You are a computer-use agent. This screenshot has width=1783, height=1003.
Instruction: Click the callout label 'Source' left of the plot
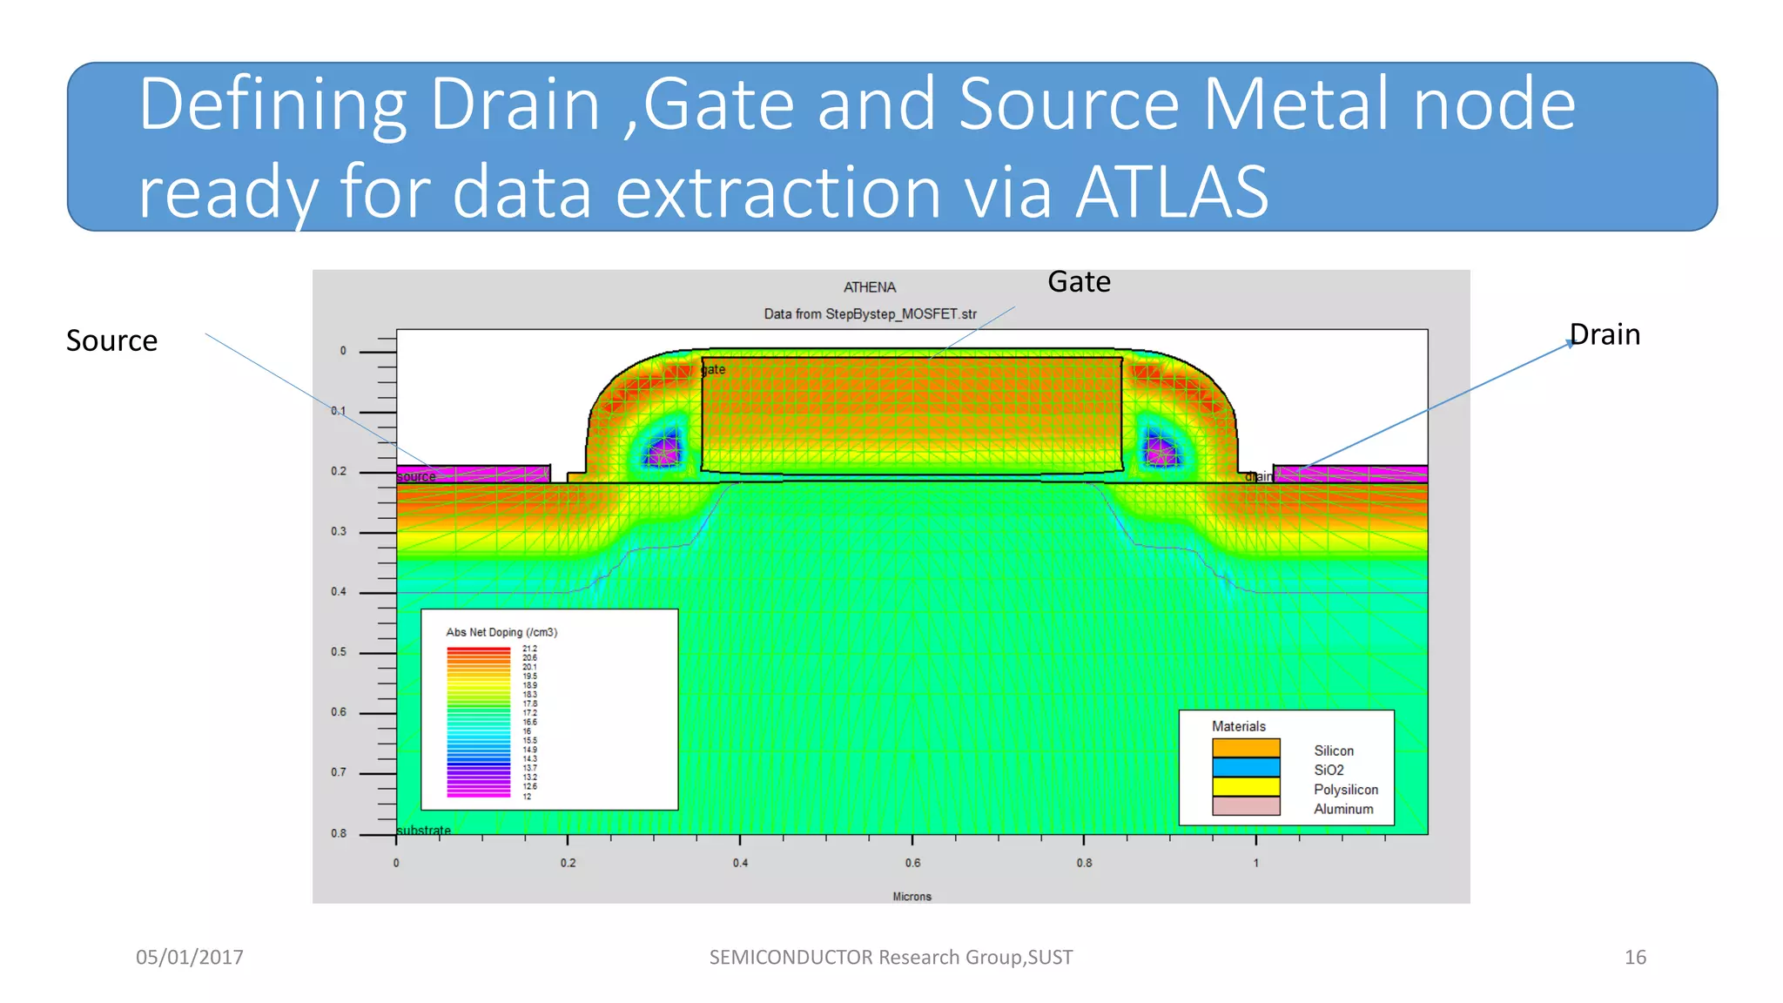[x=111, y=340]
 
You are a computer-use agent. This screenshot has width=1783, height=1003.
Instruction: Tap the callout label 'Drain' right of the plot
[x=1605, y=334]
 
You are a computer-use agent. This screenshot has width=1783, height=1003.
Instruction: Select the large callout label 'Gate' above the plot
[x=1079, y=282]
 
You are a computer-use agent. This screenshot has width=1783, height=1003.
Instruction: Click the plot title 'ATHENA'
[x=869, y=287]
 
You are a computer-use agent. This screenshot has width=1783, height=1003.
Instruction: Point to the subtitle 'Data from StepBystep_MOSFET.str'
[x=870, y=314]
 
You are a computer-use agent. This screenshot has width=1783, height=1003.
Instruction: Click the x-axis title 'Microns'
[x=912, y=897]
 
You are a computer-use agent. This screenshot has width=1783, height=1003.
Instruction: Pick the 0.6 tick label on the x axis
[x=912, y=863]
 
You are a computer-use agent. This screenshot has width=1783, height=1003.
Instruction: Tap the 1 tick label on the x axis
[x=1255, y=863]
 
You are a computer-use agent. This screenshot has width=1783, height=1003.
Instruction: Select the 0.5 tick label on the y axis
[x=339, y=652]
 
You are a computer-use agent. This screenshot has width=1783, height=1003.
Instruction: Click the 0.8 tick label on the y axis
[x=339, y=833]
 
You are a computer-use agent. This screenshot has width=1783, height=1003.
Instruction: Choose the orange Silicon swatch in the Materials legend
[x=1246, y=748]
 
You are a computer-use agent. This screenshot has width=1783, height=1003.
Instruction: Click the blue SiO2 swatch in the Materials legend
[x=1246, y=767]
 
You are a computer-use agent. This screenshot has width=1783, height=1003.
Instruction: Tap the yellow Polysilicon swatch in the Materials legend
[x=1246, y=786]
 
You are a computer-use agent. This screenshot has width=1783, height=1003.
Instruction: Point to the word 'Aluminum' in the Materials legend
[x=1343, y=809]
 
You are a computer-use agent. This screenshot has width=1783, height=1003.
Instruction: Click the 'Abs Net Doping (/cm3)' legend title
[x=501, y=632]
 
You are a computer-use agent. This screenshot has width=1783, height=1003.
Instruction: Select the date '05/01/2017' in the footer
[x=190, y=958]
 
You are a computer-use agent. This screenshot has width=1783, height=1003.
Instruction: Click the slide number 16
[x=1635, y=958]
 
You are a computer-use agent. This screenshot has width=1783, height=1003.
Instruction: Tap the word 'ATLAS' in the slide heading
[x=1172, y=192]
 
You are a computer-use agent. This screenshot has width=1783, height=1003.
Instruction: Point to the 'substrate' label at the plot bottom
[x=424, y=831]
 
